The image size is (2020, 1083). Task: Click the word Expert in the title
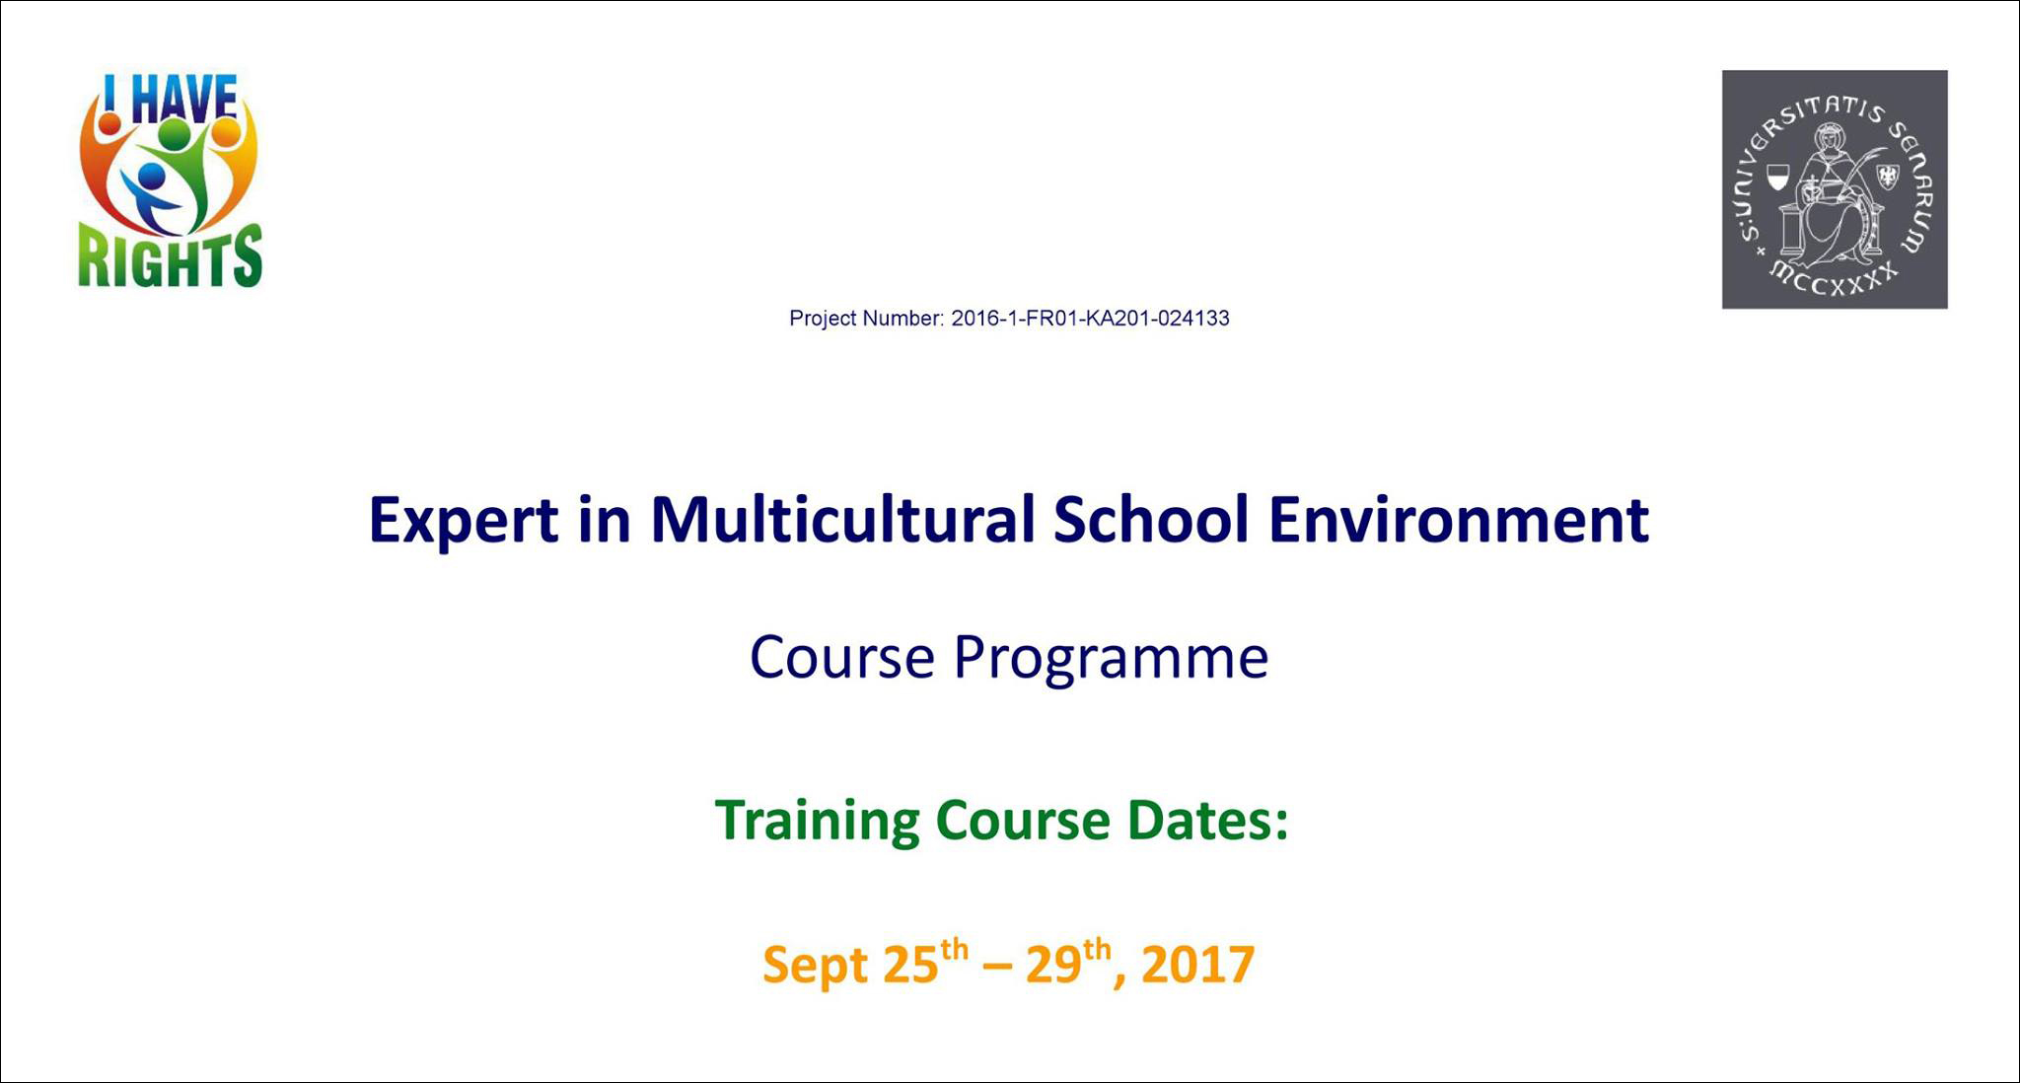(x=463, y=522)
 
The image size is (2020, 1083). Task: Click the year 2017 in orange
(x=1197, y=965)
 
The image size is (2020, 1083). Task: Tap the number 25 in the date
(x=910, y=965)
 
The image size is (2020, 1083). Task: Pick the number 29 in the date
(x=1053, y=965)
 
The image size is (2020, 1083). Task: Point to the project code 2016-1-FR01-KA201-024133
(x=1090, y=319)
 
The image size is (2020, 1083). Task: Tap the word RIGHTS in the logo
(x=171, y=258)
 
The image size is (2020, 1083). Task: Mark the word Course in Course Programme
(x=842, y=658)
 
